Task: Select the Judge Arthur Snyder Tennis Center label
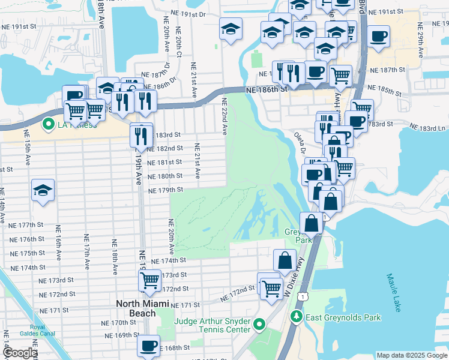tap(212, 325)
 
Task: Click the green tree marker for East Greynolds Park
tap(295, 316)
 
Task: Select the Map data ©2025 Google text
tap(411, 355)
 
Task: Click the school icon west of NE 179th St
tap(43, 191)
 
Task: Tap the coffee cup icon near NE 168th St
tap(148, 346)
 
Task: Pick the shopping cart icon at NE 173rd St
tap(149, 280)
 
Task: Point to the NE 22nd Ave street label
tap(224, 116)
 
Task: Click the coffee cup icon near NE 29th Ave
tap(378, 36)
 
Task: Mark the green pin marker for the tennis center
tap(259, 325)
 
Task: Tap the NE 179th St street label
tap(166, 190)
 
